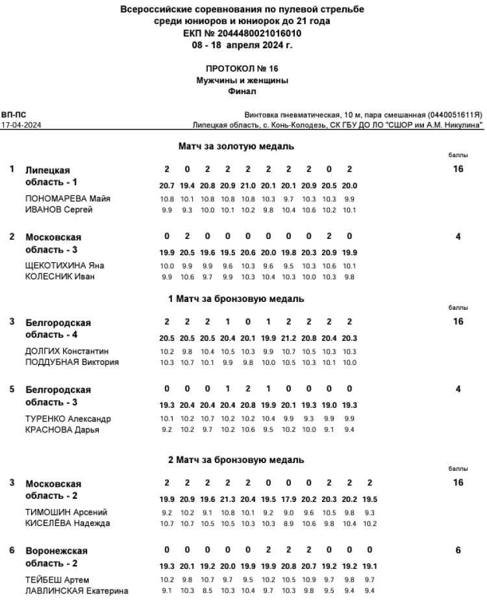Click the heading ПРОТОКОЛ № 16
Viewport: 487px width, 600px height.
(x=242, y=68)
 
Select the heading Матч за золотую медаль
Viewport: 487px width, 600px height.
(x=236, y=147)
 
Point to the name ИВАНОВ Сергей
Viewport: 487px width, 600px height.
(x=59, y=210)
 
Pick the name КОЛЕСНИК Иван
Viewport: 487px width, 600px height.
(x=60, y=277)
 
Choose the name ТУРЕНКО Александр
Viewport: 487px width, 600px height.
(x=68, y=419)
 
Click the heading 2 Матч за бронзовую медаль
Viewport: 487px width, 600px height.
(x=236, y=460)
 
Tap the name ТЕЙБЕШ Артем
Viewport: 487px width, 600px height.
(x=57, y=579)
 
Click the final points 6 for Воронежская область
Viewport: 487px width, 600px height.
(x=458, y=551)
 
